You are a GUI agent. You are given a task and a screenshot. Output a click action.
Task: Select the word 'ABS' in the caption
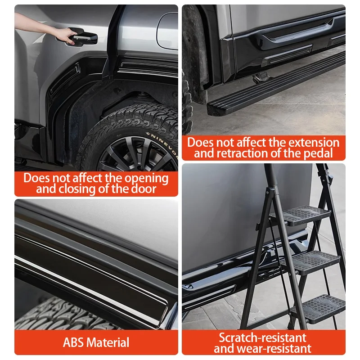[x=74, y=342]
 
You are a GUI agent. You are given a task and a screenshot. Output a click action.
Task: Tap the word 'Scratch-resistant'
[x=263, y=337]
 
